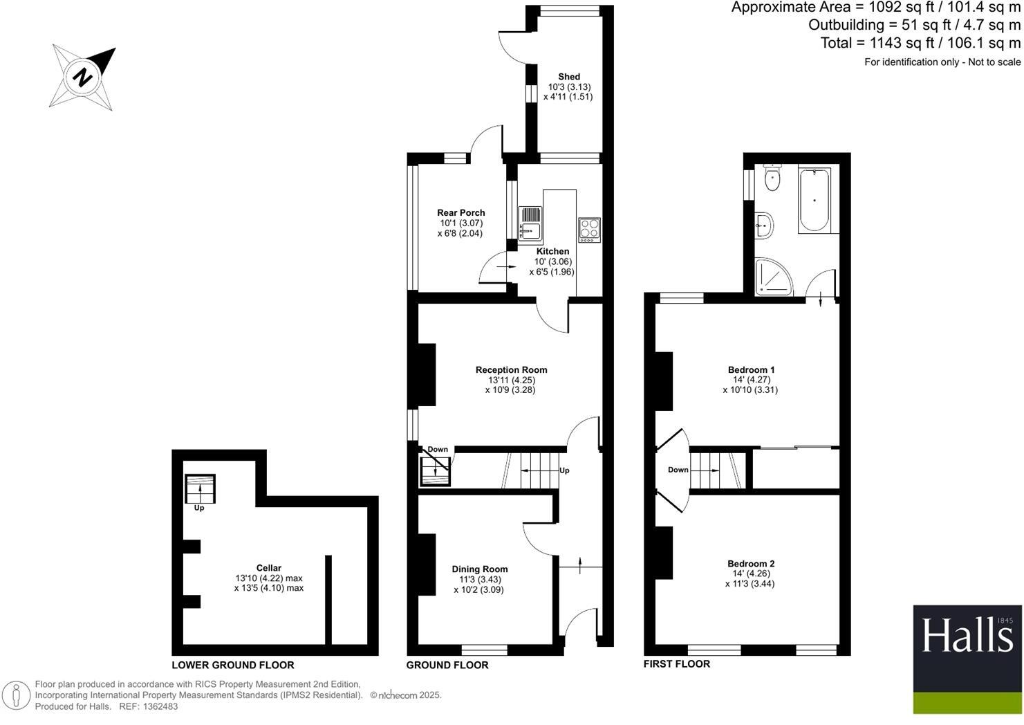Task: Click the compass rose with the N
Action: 83,76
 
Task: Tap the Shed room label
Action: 568,77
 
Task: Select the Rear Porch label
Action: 460,213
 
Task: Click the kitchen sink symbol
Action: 531,223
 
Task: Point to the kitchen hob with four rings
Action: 589,228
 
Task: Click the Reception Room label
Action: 511,370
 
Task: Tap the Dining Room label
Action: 479,569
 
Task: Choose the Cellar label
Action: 268,568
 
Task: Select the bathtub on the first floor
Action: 814,199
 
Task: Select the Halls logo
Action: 967,659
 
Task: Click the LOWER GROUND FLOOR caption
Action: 233,666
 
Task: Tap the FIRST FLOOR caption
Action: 676,664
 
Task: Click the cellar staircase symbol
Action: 201,489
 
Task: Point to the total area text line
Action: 920,43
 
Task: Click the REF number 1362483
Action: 158,706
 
